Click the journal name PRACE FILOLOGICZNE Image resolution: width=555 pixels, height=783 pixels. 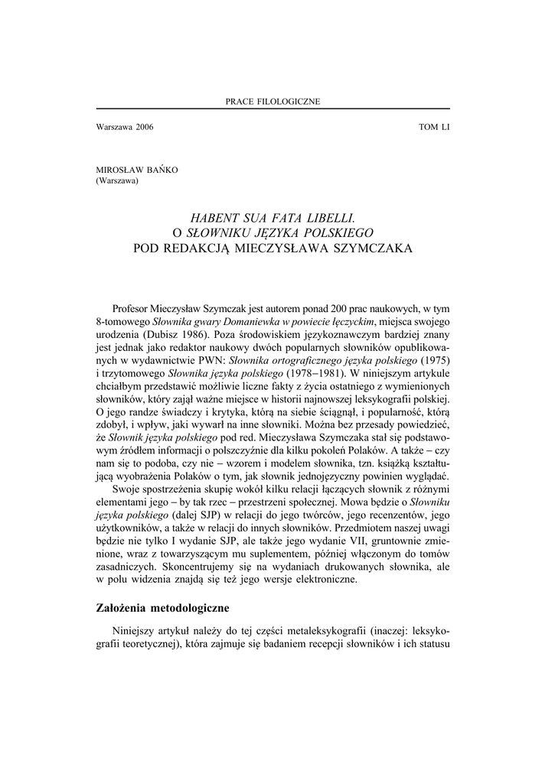point(273,101)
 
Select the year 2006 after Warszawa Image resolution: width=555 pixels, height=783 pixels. point(143,127)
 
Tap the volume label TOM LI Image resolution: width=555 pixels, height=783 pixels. point(434,127)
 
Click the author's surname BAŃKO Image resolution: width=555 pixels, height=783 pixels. point(161,171)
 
